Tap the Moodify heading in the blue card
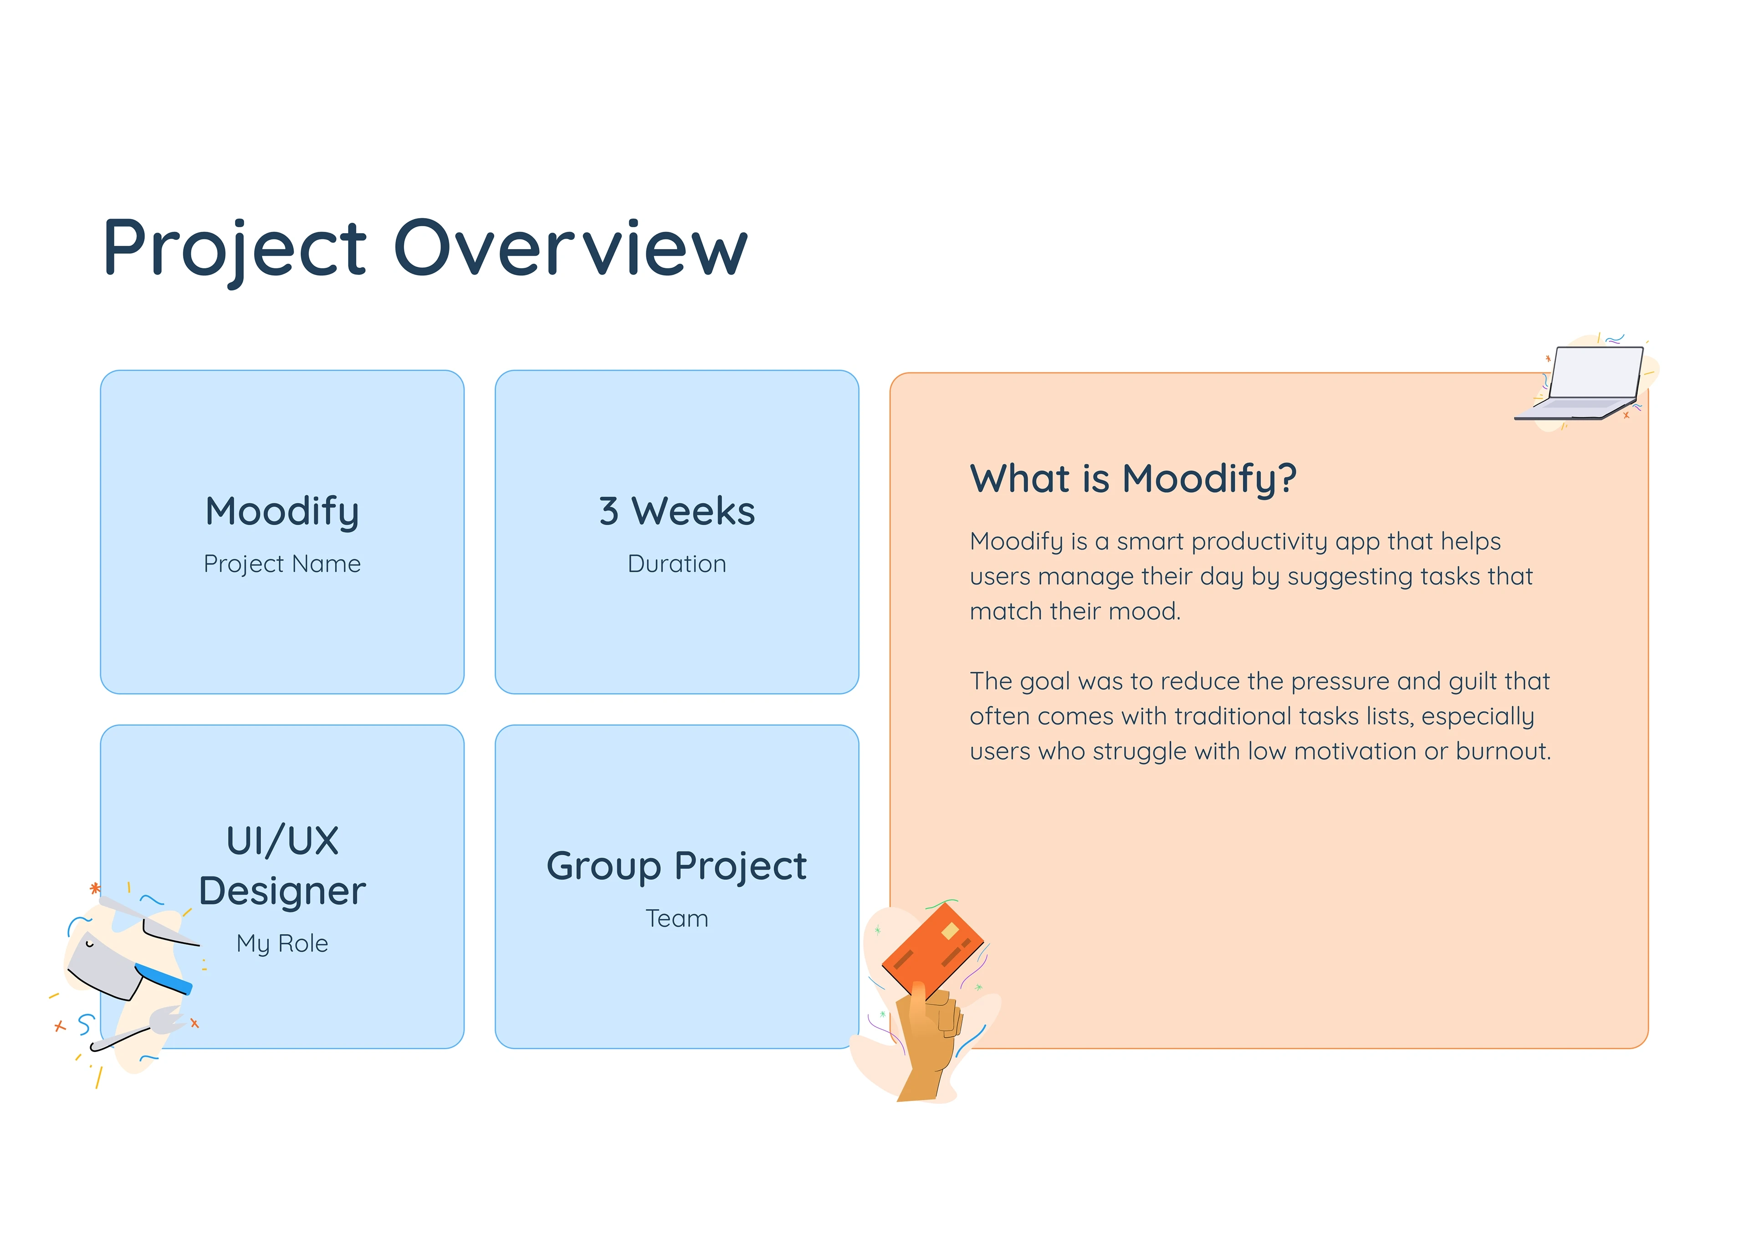coord(282,511)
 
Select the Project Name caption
coord(282,564)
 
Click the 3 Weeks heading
coord(677,511)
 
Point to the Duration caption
coord(677,564)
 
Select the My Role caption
coord(282,943)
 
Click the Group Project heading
coord(677,867)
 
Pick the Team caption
coord(677,918)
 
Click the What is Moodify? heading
coord(1133,479)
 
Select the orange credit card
coord(932,951)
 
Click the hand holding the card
coord(928,1038)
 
